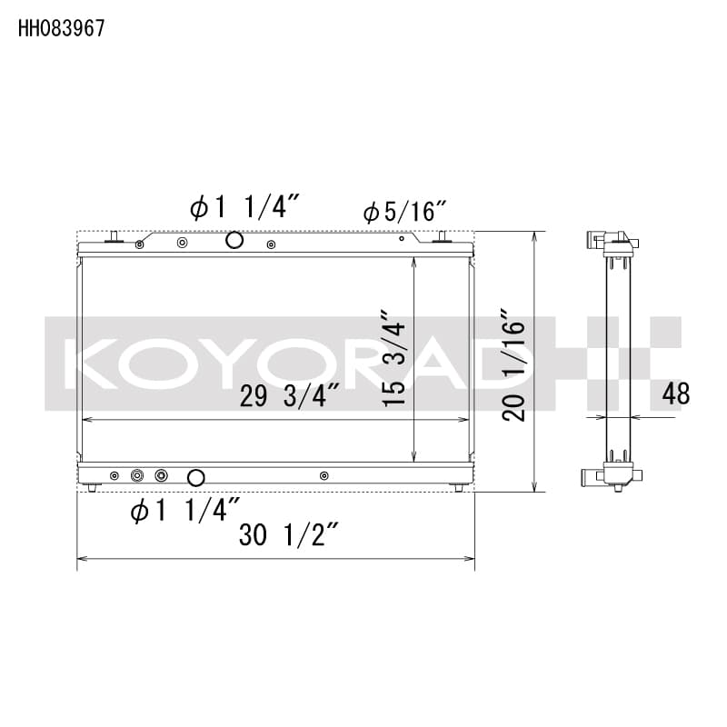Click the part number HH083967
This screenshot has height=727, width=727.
tap(61, 27)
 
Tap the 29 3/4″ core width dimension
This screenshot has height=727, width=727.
tap(290, 396)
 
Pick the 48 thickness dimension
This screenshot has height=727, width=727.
tap(676, 393)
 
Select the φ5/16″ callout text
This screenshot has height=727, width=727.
tap(404, 213)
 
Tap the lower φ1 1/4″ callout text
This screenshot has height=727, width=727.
tap(185, 511)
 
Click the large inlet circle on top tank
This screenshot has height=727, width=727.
tap(234, 240)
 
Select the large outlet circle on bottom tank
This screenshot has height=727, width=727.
tap(195, 477)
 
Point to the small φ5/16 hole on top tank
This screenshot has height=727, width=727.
tap(401, 241)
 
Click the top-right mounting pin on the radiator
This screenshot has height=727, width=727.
tap(443, 238)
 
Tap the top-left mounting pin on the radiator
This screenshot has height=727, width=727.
tap(114, 238)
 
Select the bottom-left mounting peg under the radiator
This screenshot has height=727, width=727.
tap(94, 488)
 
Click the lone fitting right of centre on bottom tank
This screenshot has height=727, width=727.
tap(324, 475)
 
